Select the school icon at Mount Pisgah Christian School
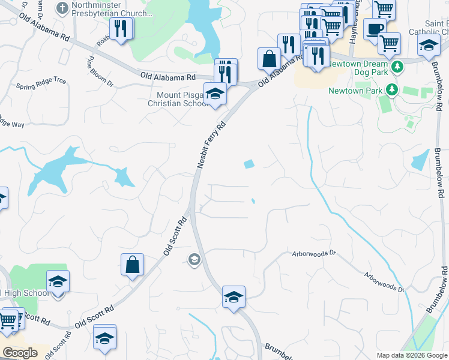click(215, 93)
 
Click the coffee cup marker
click(375, 29)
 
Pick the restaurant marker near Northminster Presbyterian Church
click(122, 28)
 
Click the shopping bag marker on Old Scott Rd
click(132, 264)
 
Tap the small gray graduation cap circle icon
click(194, 260)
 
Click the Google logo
click(20, 353)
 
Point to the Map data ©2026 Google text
click(412, 355)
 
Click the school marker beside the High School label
click(58, 281)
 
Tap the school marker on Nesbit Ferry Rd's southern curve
click(234, 296)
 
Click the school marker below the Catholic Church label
click(429, 45)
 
